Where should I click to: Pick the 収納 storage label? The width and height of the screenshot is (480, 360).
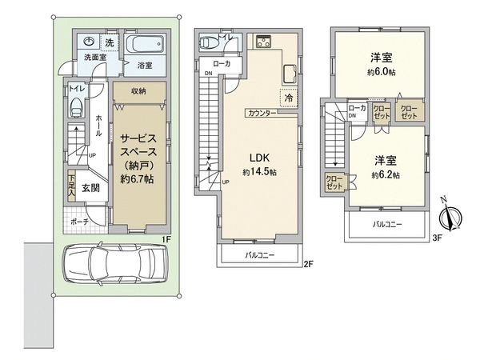point(139,91)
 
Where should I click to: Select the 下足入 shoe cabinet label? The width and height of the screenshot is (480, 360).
point(72,187)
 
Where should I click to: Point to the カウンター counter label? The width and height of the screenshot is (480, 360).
point(262,114)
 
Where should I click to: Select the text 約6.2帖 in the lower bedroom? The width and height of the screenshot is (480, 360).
point(386,174)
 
